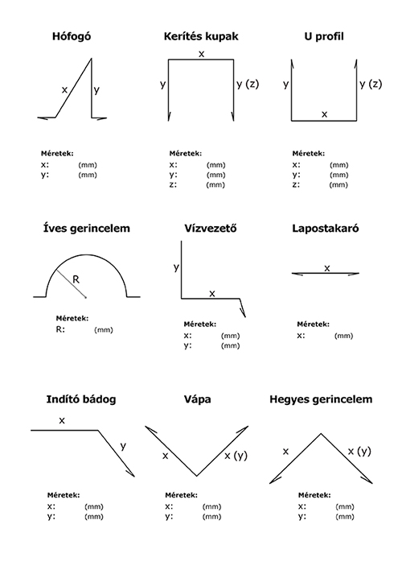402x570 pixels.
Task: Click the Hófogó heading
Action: [x=72, y=36]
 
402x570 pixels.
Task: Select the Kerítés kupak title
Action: [x=201, y=36]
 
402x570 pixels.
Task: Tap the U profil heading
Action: [x=323, y=36]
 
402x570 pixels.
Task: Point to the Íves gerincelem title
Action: [x=86, y=229]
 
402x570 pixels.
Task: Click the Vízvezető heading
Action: [x=211, y=229]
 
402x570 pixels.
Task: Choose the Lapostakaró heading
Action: [x=326, y=229]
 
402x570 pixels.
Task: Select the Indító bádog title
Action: [x=81, y=399]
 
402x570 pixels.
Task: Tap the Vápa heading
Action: [x=197, y=399]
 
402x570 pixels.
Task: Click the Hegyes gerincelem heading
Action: [x=321, y=399]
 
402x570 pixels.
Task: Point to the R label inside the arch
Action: [x=76, y=279]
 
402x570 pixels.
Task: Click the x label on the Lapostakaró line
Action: [x=327, y=268]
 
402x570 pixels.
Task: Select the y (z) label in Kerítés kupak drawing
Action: [x=248, y=84]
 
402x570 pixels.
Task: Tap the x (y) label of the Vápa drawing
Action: [x=236, y=456]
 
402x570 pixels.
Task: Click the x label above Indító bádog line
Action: [x=62, y=420]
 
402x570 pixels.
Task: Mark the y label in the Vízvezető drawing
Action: [x=176, y=267]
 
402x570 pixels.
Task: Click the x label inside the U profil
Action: [x=324, y=114]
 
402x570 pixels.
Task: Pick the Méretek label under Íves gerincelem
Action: [x=72, y=319]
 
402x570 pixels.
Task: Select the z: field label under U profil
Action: [x=297, y=184]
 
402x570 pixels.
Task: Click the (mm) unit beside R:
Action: [x=104, y=330]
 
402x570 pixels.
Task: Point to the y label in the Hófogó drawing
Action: [x=96, y=90]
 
